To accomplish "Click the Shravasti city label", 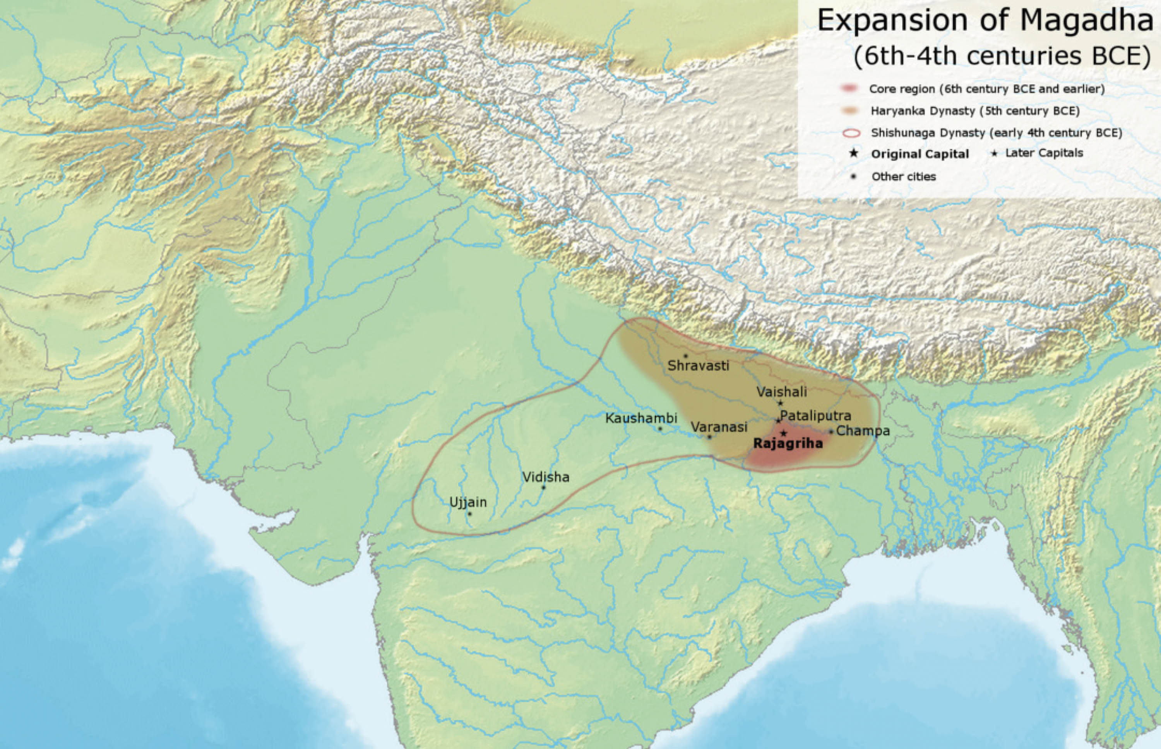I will pos(698,366).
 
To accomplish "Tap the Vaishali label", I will pos(781,391).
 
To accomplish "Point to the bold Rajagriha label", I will pos(788,444).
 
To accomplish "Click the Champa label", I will pos(863,431).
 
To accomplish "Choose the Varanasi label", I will pos(719,427).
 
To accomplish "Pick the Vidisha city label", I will pos(546,477).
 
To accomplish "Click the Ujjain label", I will pos(468,502).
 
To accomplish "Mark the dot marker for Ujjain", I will pos(469,514).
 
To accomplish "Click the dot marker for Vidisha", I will pos(544,487).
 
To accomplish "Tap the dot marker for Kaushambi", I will pos(660,428).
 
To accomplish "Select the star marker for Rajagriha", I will pos(783,433).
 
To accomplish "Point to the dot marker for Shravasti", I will pos(685,355).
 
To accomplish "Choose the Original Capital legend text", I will pos(920,154).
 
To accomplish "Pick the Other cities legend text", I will pos(903,177).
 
